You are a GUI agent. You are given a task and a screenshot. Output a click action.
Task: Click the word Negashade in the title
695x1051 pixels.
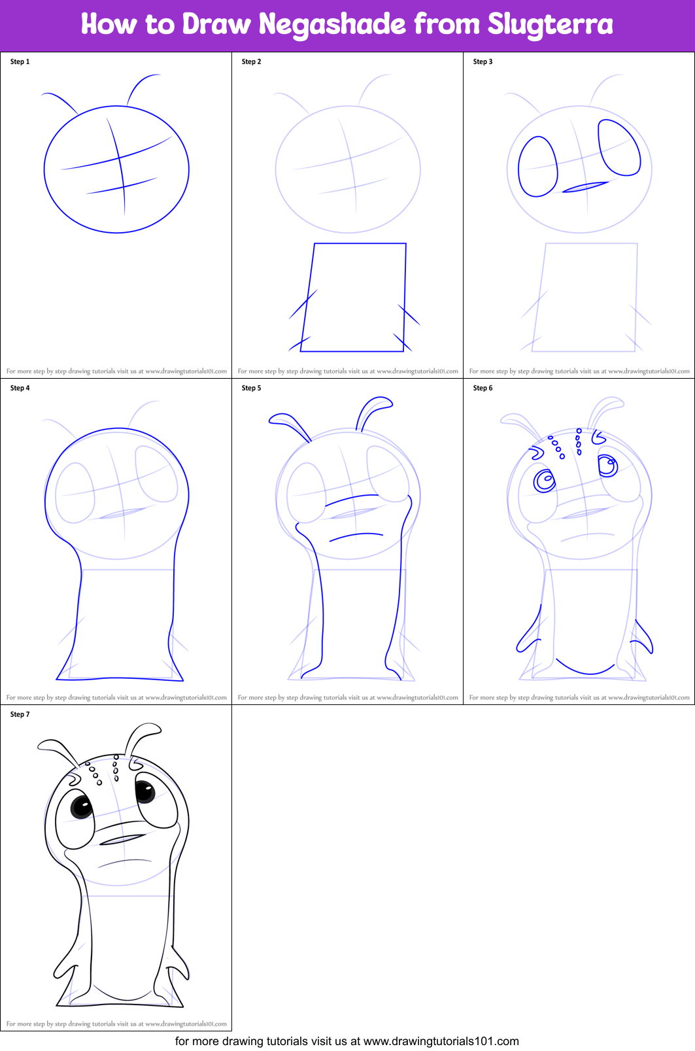332,25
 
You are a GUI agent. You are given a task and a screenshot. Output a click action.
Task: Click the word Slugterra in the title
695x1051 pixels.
550,25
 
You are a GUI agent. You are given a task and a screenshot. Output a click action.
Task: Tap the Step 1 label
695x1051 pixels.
20,61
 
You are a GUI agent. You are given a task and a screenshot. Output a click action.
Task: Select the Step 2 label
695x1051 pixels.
251,61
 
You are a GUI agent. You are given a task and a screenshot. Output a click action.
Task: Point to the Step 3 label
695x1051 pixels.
483,61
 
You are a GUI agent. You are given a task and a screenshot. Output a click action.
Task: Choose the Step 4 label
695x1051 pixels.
20,388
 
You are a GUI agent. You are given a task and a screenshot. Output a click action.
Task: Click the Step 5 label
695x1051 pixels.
251,388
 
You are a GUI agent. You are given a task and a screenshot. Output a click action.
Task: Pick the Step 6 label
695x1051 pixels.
483,388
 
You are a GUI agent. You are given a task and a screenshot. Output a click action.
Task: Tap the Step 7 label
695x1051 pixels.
20,714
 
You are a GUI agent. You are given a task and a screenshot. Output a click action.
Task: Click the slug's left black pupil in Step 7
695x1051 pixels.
82,806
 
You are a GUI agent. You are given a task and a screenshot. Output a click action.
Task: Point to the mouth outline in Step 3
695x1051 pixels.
585,188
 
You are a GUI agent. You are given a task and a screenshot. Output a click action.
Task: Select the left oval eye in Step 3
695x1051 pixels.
537,167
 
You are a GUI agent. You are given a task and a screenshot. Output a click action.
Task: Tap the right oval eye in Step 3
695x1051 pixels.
619,148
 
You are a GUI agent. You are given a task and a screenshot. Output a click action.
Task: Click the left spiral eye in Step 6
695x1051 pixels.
544,481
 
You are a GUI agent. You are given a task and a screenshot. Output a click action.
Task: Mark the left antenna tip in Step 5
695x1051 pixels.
277,418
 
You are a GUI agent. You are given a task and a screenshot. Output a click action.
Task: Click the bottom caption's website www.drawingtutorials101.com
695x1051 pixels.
441,1041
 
